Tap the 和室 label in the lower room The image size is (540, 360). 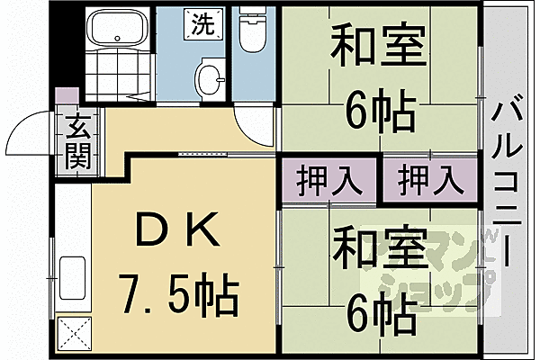coord(379,249)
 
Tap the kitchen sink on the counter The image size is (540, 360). coord(72,274)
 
